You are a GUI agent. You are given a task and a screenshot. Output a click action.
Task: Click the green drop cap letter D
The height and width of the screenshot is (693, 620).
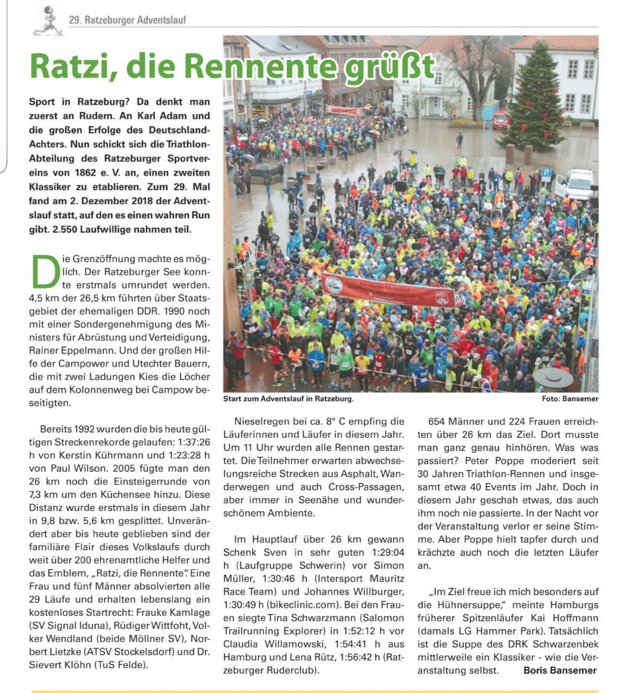45,271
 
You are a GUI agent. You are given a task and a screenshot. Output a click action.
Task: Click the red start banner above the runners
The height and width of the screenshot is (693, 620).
388,290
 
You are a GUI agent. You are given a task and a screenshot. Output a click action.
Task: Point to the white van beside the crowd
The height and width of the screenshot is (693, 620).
575,184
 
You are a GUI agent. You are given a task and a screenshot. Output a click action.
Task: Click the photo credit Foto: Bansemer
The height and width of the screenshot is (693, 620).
570,399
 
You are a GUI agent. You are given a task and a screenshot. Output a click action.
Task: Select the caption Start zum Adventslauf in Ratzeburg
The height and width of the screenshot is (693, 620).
288,399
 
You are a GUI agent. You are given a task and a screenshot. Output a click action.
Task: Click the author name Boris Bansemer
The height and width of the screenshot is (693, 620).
560,671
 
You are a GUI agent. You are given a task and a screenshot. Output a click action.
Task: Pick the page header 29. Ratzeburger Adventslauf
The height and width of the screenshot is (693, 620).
128,20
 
